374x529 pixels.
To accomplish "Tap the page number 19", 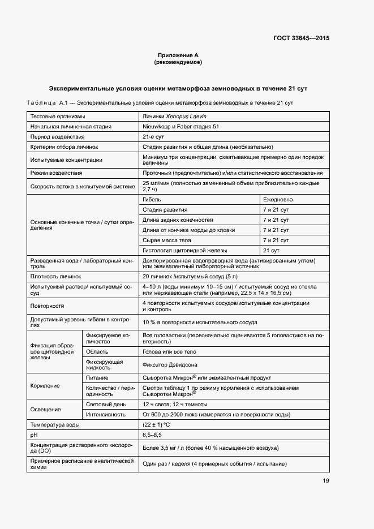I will (x=326, y=481).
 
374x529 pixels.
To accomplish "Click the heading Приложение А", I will (x=178, y=55).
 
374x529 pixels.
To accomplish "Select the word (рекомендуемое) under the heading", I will (x=178, y=62).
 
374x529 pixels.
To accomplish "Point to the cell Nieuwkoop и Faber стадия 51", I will (x=181, y=127).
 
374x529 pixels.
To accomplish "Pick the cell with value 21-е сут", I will (x=153, y=137).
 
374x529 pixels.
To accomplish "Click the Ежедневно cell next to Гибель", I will (x=277, y=200).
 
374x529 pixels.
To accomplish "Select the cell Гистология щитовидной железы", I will (x=185, y=250).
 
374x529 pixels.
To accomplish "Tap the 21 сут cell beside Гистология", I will (x=272, y=250).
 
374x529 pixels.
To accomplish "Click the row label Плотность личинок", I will (x=56, y=277).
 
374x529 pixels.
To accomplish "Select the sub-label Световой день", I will (x=107, y=405).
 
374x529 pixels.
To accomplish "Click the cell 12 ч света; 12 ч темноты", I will (x=175, y=405).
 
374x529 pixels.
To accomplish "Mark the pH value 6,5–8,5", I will (x=152, y=435).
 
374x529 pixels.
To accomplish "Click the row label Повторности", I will (x=47, y=306).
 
